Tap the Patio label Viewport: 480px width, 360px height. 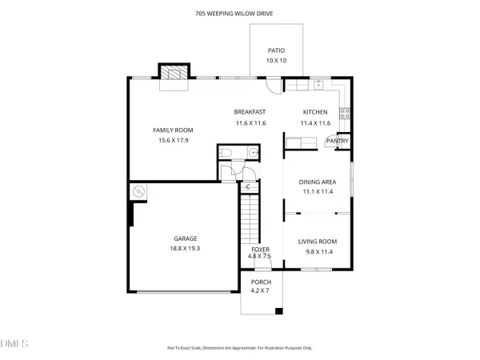276,50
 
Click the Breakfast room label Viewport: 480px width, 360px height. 250,112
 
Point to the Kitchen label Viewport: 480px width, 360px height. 315,112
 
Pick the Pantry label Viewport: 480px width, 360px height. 336,142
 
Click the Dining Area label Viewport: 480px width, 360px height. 318,182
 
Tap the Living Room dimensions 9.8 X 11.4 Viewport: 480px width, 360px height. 318,252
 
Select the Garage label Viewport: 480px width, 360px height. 186,238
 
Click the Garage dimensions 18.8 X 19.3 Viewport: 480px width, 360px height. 186,248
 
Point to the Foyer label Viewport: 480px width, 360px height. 261,250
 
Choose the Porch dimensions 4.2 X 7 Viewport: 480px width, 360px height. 261,291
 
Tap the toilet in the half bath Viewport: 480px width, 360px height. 226,152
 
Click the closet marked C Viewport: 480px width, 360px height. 248,187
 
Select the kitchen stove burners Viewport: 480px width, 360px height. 345,114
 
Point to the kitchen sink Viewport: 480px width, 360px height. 318,83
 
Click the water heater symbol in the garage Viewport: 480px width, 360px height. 138,193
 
